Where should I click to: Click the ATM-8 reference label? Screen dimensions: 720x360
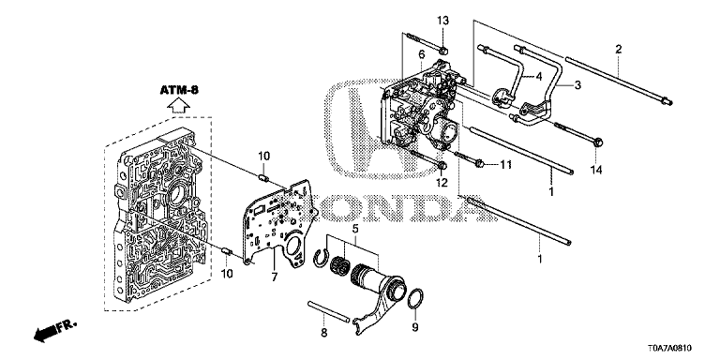coord(179,90)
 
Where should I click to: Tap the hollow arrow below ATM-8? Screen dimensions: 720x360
coord(178,107)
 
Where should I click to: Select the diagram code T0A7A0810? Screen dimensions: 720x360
coord(669,349)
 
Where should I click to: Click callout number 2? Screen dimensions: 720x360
coord(619,49)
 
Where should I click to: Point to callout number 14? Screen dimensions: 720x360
coord(595,171)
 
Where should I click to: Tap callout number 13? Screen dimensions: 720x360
coord(442,21)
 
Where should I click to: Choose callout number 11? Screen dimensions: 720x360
coord(505,164)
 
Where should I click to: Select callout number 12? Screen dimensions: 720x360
coord(442,183)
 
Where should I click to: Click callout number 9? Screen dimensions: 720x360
coord(414,328)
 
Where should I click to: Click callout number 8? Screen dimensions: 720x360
coord(323,333)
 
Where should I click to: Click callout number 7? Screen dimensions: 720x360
coord(274,277)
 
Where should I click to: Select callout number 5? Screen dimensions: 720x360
coord(354,228)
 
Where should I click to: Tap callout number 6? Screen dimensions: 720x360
coord(421,54)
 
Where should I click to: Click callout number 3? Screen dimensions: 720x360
coord(577,85)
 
